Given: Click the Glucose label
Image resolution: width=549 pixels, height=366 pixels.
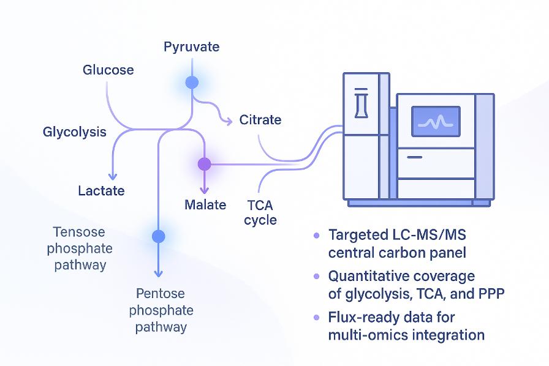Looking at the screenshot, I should coord(108,70).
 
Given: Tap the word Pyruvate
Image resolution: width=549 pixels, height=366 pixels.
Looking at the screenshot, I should coord(191,47).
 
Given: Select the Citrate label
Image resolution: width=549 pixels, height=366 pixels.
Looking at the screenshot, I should coord(260,119).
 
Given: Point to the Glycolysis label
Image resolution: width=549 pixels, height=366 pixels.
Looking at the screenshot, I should coord(75,132).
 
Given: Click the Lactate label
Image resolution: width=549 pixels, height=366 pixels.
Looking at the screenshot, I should coord(101,190).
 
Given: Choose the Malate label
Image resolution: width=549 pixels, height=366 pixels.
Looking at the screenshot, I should coord(205,204).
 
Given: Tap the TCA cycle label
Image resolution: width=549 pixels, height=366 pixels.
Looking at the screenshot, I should coord(260,212).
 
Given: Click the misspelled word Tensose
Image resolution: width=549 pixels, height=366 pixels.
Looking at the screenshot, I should coord(79,233).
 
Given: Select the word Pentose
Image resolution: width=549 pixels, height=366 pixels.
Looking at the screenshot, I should coord(161,294).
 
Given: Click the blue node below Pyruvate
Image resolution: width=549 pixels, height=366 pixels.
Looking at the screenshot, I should coord(192,83).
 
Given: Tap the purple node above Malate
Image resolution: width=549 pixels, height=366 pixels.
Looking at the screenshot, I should coord(204,164).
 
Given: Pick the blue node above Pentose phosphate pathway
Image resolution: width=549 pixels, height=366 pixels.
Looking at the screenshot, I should coord(159,236).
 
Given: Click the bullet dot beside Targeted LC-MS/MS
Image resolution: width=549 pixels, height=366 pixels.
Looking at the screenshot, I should coord(316,235).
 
